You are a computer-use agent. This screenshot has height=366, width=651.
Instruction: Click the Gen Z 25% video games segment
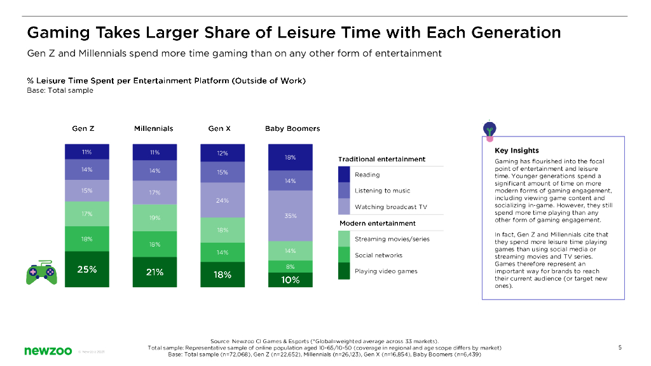click(x=87, y=269)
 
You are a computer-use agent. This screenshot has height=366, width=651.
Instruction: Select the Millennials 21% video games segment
click(x=154, y=272)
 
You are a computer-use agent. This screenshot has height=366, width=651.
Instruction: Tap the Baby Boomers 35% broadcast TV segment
click(x=291, y=216)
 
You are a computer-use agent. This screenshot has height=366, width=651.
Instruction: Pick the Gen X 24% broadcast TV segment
click(x=223, y=201)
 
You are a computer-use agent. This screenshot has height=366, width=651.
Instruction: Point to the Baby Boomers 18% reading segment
click(x=291, y=157)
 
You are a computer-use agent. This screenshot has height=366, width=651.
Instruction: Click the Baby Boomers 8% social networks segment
click(x=291, y=266)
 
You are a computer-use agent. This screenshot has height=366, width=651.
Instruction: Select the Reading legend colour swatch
click(x=344, y=175)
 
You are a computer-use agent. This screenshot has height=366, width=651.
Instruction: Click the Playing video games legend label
click(x=386, y=271)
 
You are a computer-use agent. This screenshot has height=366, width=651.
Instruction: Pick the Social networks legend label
click(x=378, y=255)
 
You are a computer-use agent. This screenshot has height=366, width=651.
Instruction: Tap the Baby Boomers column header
click(x=292, y=128)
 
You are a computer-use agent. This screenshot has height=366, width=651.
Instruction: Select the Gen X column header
click(x=219, y=128)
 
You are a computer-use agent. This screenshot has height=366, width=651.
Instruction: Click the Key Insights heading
click(x=516, y=151)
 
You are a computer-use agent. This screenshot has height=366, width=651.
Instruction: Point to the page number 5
click(x=619, y=347)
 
